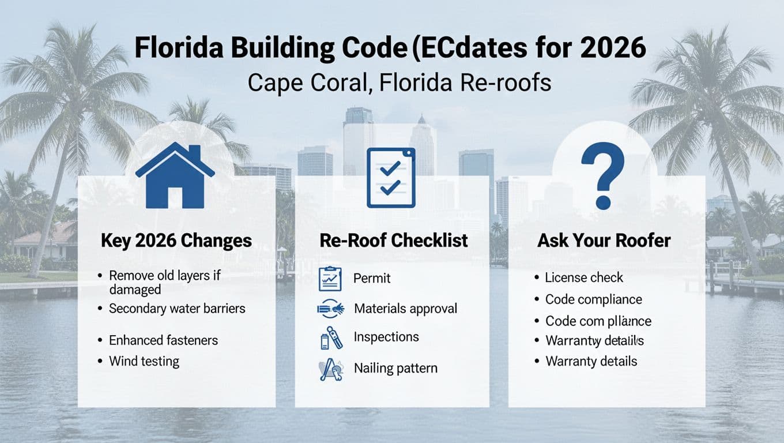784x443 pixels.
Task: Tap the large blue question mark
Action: click(602, 177)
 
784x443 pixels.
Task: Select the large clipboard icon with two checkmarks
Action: click(391, 177)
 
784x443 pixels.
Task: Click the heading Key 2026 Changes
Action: click(176, 241)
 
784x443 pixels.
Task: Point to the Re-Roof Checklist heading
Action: click(394, 241)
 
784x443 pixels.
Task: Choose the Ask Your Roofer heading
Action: click(604, 241)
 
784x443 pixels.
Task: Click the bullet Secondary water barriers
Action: click(177, 309)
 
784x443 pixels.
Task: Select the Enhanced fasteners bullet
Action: click(163, 340)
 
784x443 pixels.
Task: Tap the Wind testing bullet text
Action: click(144, 362)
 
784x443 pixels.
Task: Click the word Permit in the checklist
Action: click(372, 279)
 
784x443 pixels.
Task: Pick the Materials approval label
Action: click(405, 309)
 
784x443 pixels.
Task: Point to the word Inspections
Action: click(386, 337)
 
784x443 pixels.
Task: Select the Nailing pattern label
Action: click(395, 368)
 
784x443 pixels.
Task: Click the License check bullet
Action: click(584, 277)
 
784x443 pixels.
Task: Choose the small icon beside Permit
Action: click(330, 279)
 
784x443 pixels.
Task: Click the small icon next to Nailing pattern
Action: click(331, 369)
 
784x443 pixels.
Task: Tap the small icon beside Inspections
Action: click(331, 338)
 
